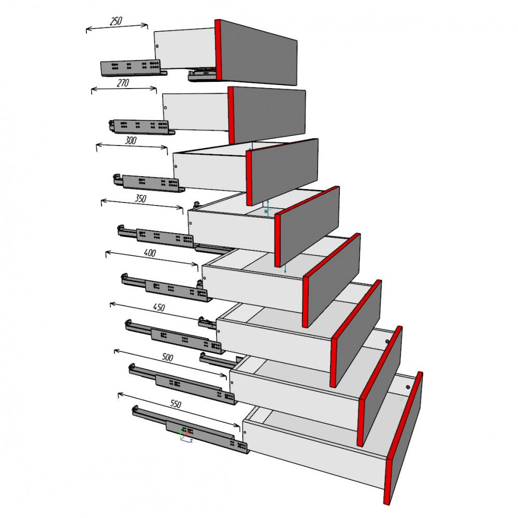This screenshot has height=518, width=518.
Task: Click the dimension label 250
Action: [116, 21]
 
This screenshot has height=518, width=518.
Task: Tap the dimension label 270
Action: [123, 82]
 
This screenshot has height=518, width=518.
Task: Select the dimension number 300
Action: [131, 140]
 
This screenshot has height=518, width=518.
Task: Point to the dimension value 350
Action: [140, 198]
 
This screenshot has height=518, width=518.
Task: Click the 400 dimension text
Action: [150, 253]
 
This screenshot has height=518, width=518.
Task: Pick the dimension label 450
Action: [159, 307]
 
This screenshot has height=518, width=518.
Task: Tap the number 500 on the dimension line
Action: [167, 357]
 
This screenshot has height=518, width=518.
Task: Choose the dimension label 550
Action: [176, 404]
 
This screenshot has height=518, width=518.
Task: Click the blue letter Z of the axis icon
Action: [191, 441]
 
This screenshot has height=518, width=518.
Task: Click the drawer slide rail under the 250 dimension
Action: [134, 68]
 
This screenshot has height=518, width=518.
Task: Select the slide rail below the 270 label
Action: [141, 127]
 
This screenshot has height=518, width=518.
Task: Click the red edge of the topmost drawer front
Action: [218, 50]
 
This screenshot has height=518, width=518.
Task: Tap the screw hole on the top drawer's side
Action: [157, 46]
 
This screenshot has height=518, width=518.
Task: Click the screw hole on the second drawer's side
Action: [166, 108]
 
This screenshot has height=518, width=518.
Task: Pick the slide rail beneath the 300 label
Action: [149, 183]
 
